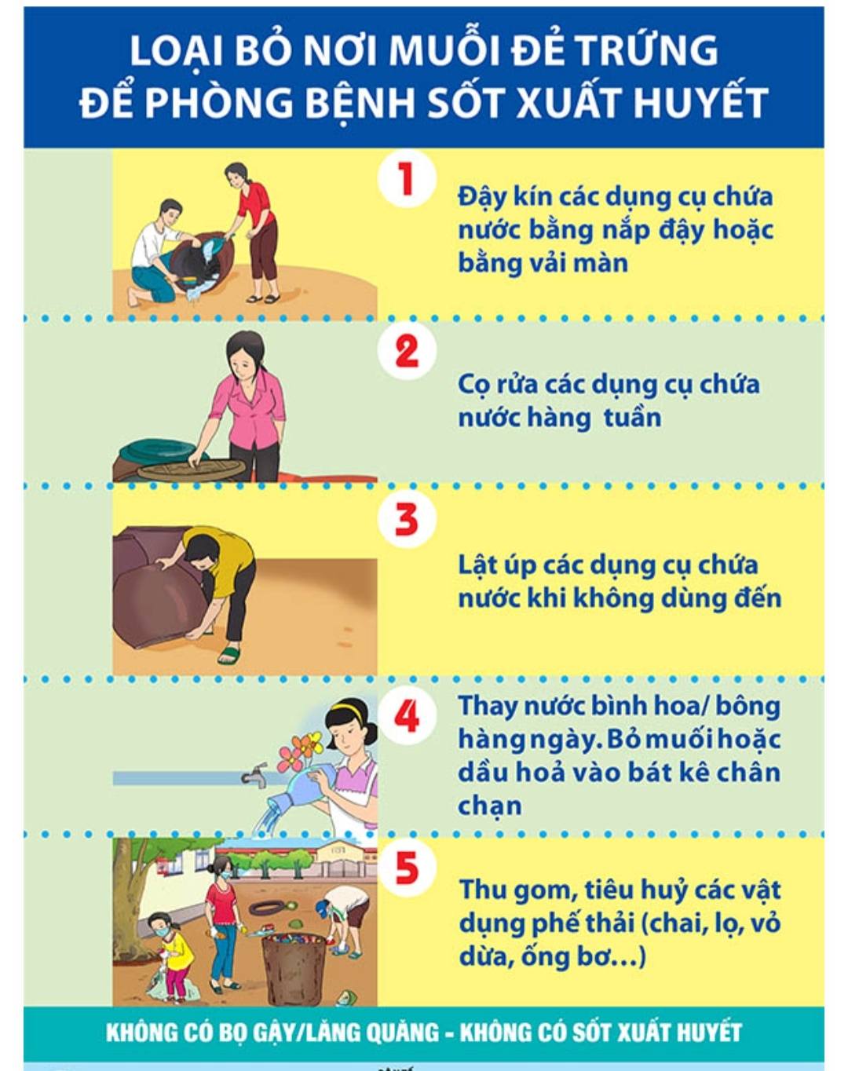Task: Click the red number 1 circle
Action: (407, 179)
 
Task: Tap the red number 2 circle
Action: (407, 351)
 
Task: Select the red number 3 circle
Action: (407, 518)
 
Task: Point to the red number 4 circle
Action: (407, 715)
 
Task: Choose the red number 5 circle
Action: (407, 868)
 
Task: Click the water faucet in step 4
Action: (254, 773)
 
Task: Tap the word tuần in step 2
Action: (633, 417)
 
